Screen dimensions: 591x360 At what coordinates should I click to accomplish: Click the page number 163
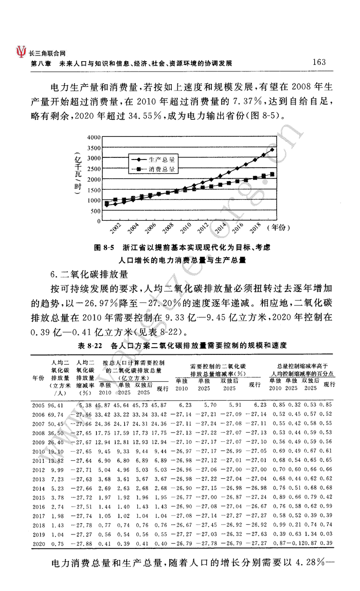tap(319, 62)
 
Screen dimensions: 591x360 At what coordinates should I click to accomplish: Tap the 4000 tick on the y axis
tap(94, 137)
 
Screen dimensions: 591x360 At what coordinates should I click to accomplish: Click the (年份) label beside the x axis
tap(281, 227)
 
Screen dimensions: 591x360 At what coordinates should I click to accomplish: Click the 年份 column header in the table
tap(38, 378)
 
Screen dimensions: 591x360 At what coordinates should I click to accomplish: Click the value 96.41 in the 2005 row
tap(56, 406)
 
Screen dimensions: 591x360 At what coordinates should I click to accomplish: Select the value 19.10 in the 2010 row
tap(56, 451)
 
